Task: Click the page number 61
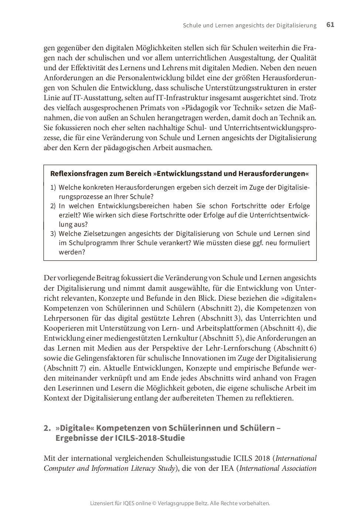click(330, 25)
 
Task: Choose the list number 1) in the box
click(53, 187)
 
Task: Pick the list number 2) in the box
click(53, 206)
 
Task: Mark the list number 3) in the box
click(53, 234)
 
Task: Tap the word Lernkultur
click(180, 338)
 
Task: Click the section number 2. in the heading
click(47, 428)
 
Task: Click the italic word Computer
click(60, 468)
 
